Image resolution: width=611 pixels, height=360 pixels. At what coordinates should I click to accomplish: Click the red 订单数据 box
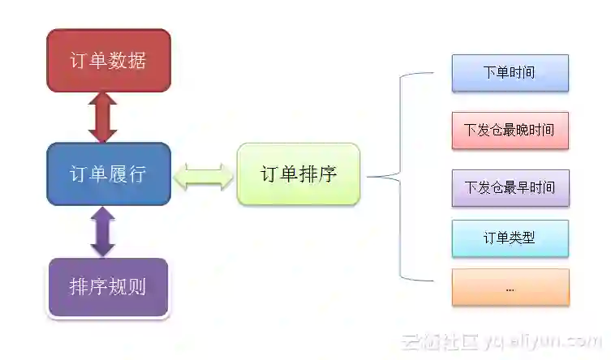point(108,61)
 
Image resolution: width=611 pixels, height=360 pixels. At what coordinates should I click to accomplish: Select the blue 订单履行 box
point(108,174)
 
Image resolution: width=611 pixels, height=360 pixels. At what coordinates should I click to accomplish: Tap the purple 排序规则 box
point(108,287)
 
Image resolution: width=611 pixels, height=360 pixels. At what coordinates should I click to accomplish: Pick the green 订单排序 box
point(298,174)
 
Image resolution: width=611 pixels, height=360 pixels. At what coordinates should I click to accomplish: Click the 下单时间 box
point(510,73)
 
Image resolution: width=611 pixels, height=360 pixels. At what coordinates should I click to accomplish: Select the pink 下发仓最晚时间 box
point(510,130)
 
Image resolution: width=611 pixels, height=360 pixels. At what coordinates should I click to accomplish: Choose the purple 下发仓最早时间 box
point(510,188)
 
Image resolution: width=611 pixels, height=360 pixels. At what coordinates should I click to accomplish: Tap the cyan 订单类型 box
point(510,238)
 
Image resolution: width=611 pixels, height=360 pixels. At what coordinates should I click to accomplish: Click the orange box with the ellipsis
point(510,288)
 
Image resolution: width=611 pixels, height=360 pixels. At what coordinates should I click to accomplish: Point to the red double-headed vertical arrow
point(103,118)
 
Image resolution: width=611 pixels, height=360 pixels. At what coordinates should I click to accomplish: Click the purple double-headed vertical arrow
point(103,232)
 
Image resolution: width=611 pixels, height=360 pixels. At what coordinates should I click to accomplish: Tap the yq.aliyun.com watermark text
point(543,341)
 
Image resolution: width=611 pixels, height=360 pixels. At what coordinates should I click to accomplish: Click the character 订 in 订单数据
point(80,61)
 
